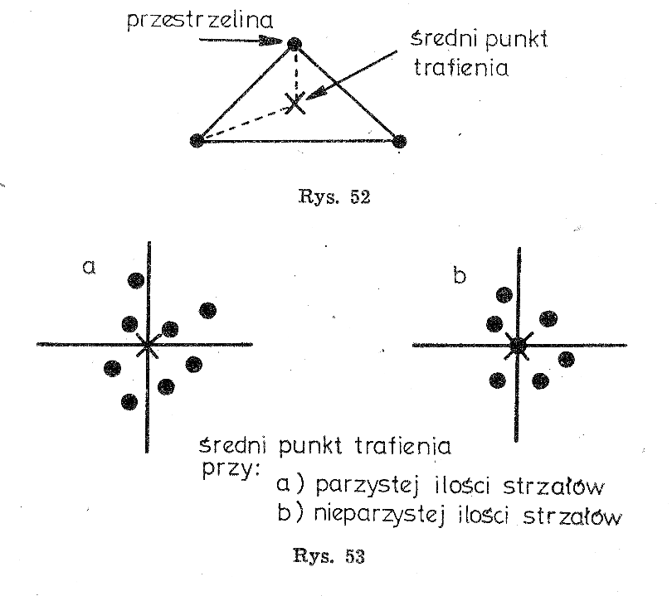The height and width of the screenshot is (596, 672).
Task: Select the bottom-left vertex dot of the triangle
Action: pyautogui.click(x=197, y=140)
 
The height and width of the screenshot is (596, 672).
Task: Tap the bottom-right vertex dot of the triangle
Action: pyautogui.click(x=399, y=140)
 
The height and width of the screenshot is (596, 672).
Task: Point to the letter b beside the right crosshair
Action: pyautogui.click(x=460, y=275)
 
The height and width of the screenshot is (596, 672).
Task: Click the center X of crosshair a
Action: pyautogui.click(x=148, y=344)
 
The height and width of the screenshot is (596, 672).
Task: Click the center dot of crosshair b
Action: pyautogui.click(x=518, y=345)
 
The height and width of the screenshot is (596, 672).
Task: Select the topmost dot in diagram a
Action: pyautogui.click(x=134, y=280)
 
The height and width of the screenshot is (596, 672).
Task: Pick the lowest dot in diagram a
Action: pyautogui.click(x=129, y=402)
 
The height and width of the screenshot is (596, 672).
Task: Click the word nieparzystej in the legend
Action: pyautogui.click(x=360, y=516)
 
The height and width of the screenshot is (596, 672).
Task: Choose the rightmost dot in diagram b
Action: pyautogui.click(x=566, y=359)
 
